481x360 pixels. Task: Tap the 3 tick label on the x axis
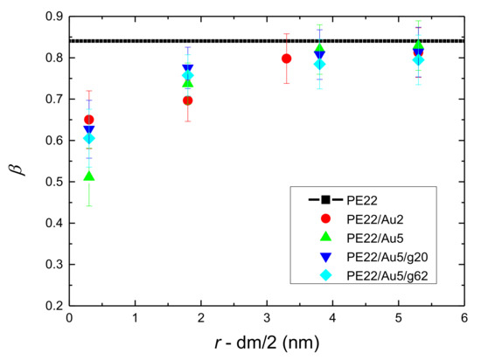266,320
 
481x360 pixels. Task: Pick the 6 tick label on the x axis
463,320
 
